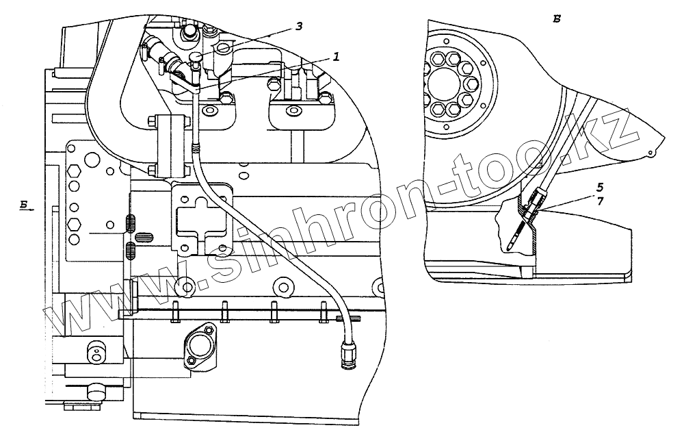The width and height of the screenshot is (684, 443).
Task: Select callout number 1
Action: (336, 58)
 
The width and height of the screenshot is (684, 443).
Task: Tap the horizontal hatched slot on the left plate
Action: (143, 238)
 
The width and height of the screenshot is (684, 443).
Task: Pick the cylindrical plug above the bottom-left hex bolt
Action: (96, 391)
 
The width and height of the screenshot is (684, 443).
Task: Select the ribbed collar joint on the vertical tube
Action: (197, 145)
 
